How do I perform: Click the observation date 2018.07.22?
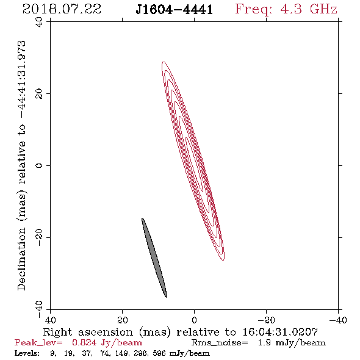[62, 9]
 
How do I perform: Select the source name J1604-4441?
[174, 10]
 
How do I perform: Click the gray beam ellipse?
[154, 257]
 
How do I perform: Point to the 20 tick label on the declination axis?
[39, 94]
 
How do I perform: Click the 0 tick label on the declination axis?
[39, 165]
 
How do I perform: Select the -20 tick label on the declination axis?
[39, 237]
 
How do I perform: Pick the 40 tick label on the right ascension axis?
[50, 320]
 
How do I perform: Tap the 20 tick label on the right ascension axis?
[123, 320]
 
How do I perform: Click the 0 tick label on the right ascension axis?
[194, 320]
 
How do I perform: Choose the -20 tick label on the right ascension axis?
[266, 320]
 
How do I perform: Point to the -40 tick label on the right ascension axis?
[338, 320]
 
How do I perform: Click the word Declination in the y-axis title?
[21, 259]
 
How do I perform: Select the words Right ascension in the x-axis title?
[88, 332]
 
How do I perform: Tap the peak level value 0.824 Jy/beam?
[107, 343]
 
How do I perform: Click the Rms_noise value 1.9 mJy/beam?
[292, 343]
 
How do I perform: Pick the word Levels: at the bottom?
[27, 353]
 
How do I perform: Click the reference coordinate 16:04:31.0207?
[280, 332]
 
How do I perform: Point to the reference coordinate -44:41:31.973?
[21, 80]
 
